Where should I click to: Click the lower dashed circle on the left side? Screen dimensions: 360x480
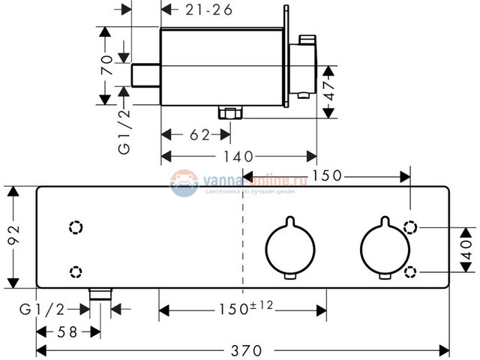pyautogui.click(x=75, y=271)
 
